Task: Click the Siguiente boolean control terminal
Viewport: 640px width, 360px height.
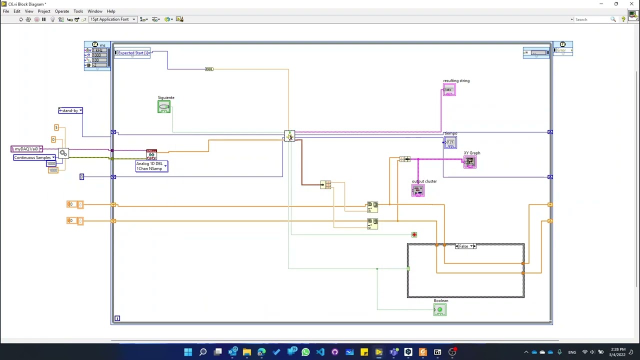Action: (x=163, y=107)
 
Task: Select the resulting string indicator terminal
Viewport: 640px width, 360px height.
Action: (x=448, y=90)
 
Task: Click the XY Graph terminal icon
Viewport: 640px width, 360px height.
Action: (x=469, y=161)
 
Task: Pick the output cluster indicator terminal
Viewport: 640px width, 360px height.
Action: (x=418, y=190)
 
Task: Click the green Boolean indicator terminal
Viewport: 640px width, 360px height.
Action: (x=439, y=310)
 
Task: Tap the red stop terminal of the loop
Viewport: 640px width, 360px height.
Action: (x=414, y=234)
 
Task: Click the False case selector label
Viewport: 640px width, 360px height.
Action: (x=464, y=246)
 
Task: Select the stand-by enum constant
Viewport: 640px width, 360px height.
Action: (x=70, y=110)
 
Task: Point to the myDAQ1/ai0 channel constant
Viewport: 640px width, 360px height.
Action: (x=26, y=149)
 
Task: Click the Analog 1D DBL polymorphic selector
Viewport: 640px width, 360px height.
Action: (x=151, y=166)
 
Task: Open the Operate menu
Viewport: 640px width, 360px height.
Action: (x=62, y=11)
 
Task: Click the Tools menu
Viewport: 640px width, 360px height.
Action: (x=78, y=11)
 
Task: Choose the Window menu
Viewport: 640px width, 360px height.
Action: (x=94, y=11)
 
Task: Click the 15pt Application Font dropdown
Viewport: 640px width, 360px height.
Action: (x=112, y=19)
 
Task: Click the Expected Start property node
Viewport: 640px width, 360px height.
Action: (x=132, y=53)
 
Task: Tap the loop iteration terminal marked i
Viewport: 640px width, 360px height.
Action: (x=117, y=318)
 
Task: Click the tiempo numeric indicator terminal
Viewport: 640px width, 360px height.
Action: (x=450, y=143)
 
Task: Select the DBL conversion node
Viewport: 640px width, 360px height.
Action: (x=209, y=69)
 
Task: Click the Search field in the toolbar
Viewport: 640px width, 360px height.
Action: (x=592, y=19)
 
